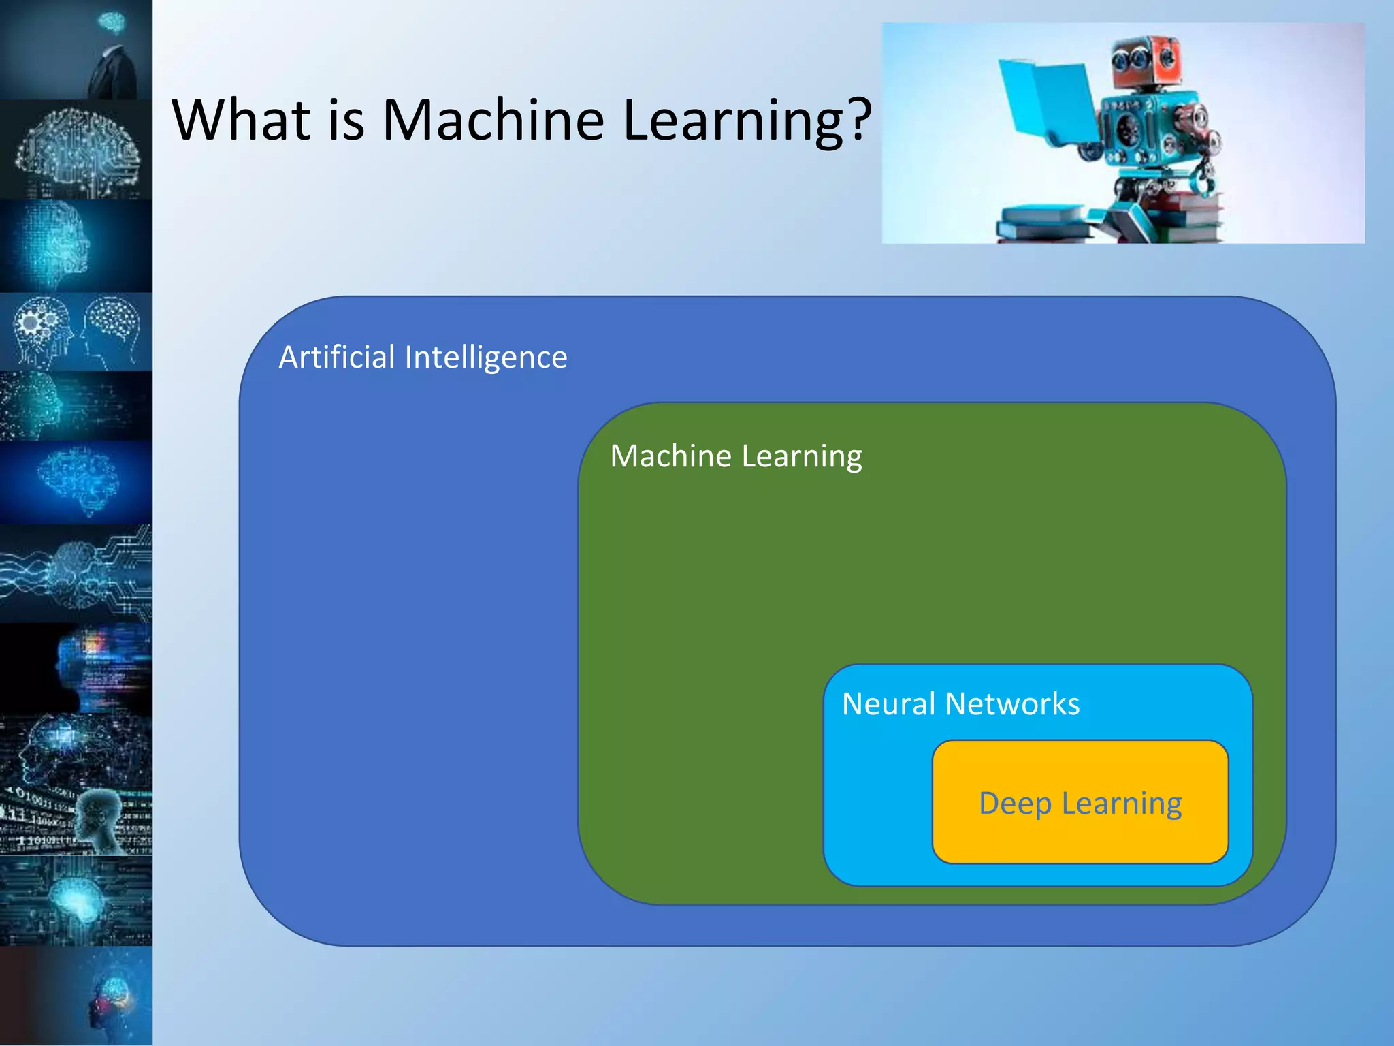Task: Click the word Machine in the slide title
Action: [493, 120]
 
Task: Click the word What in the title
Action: [242, 120]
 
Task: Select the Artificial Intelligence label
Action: [423, 358]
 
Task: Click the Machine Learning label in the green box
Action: [736, 456]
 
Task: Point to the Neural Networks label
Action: [960, 703]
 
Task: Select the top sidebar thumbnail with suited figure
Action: [76, 49]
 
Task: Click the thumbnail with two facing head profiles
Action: [76, 332]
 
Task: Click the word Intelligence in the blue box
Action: [485, 358]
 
